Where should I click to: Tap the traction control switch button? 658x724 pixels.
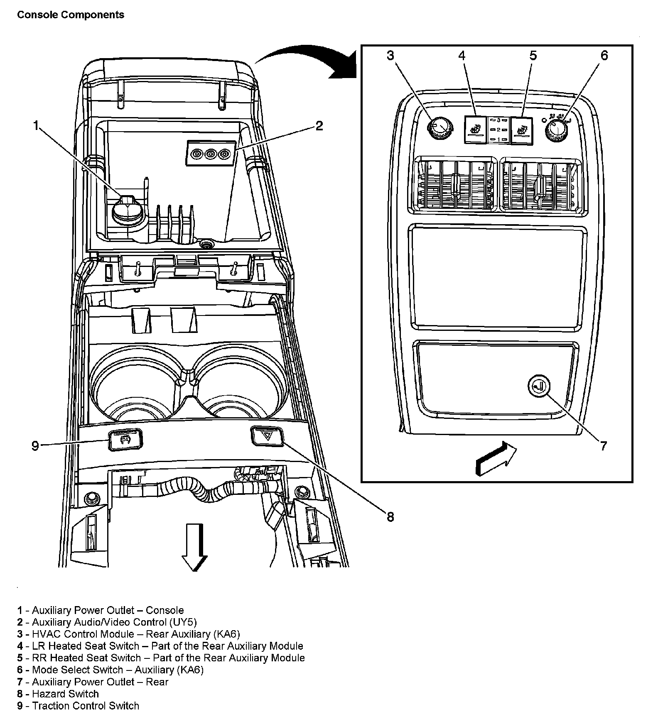pyautogui.click(x=125, y=440)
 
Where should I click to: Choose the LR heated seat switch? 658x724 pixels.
pyautogui.click(x=475, y=129)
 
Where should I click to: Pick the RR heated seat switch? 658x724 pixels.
pyautogui.click(x=522, y=131)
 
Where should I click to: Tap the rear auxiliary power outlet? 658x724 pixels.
pyautogui.click(x=539, y=386)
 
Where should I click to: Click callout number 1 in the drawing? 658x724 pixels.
pyautogui.click(x=36, y=125)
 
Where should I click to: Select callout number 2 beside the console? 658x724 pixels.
pyautogui.click(x=319, y=125)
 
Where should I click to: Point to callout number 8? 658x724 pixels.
pyautogui.click(x=390, y=516)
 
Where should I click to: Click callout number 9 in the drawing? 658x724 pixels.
pyautogui.click(x=35, y=446)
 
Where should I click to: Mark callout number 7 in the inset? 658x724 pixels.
pyautogui.click(x=603, y=446)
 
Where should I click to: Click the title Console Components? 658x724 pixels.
pyautogui.click(x=71, y=15)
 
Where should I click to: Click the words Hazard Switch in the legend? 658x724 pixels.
pyautogui.click(x=65, y=694)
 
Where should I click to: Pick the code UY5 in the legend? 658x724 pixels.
pyautogui.click(x=182, y=622)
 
